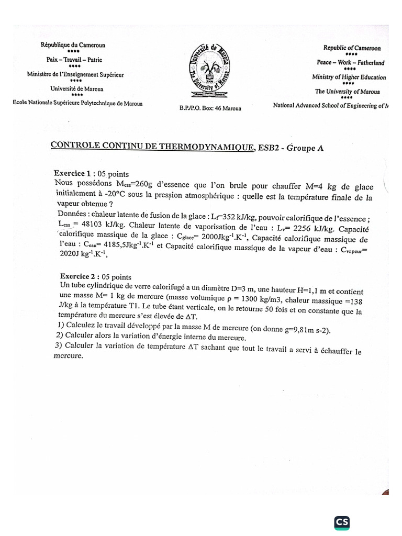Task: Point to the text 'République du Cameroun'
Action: click(x=73, y=45)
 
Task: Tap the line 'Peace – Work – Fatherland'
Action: click(x=351, y=63)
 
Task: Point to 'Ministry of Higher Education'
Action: click(x=349, y=77)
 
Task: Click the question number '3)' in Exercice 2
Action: click(x=58, y=345)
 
